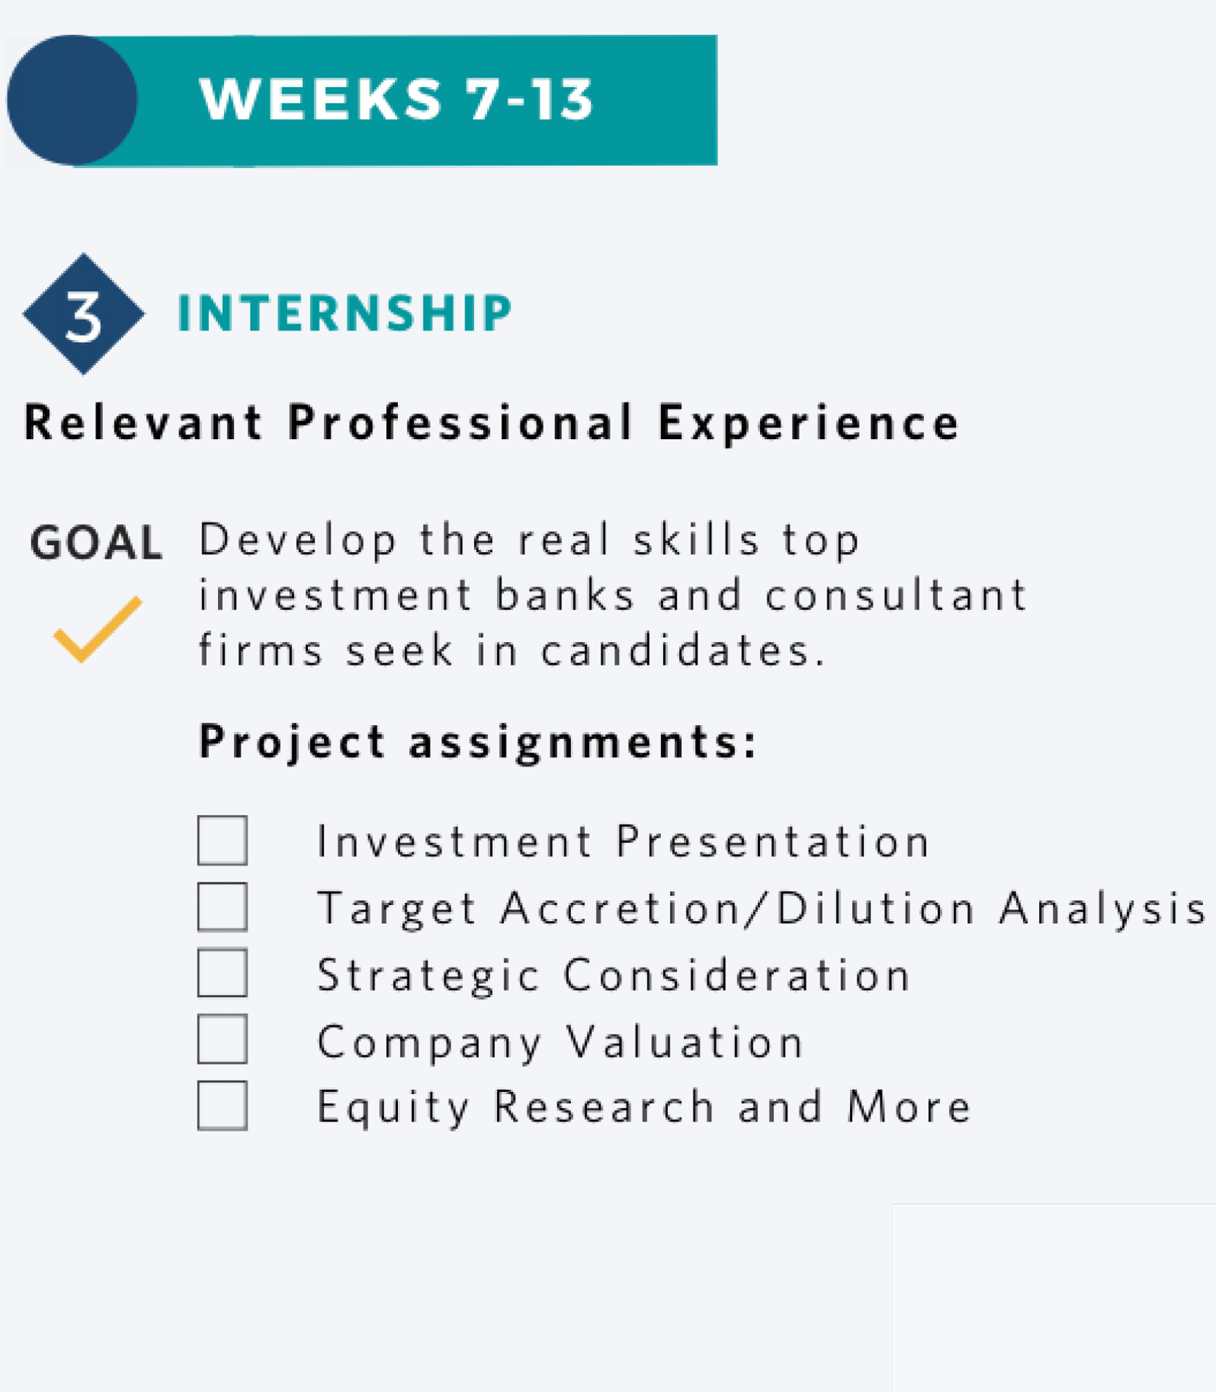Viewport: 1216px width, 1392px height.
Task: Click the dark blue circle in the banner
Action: click(72, 100)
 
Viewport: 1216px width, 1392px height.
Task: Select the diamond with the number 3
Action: click(83, 314)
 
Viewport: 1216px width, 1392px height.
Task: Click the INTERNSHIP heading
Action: click(345, 313)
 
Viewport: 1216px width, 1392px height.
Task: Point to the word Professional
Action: click(461, 422)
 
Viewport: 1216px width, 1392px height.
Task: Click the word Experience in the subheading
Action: click(809, 423)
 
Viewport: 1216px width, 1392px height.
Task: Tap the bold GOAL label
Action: click(96, 543)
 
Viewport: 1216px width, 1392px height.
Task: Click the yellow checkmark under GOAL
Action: click(98, 629)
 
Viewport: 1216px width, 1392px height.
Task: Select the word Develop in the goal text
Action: click(299, 541)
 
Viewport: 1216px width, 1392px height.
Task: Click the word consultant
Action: click(896, 595)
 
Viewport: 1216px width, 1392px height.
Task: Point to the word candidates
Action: click(683, 649)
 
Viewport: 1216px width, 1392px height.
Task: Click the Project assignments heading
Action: click(478, 743)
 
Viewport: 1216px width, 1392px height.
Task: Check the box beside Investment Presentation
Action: click(222, 841)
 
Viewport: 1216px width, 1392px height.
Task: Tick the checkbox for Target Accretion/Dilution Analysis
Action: click(222, 907)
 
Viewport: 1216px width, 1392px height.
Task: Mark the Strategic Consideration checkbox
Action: click(222, 973)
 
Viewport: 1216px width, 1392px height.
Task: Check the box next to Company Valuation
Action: click(222, 1039)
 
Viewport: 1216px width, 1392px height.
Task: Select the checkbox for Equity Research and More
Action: click(222, 1106)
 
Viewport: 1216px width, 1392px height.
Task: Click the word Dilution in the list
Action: click(876, 908)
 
